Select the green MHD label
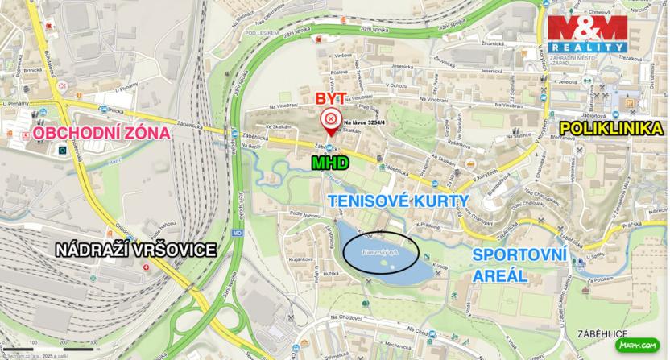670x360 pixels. tap(330, 163)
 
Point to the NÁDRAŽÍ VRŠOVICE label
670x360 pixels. tap(135, 250)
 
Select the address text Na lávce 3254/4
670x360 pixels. tap(365, 121)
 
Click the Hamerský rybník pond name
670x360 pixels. tap(381, 252)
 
